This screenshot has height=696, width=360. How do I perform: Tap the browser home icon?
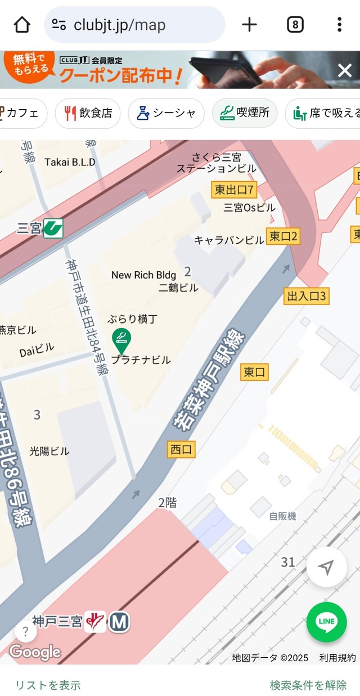(x=21, y=25)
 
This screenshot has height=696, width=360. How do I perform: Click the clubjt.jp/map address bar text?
(x=119, y=25)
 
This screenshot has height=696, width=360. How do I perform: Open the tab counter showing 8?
(x=295, y=25)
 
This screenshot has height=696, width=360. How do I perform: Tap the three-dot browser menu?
(x=339, y=25)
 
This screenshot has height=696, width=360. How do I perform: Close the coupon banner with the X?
(x=344, y=70)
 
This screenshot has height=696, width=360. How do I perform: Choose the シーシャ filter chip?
(x=166, y=113)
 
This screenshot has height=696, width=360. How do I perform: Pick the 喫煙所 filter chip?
(x=245, y=113)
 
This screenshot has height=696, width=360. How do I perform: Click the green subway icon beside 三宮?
(x=53, y=228)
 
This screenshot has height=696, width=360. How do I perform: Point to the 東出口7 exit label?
(x=235, y=190)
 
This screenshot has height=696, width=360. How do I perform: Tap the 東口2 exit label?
(x=283, y=236)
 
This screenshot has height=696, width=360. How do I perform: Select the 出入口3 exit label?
(x=307, y=296)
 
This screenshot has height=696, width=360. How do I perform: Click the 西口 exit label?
(x=181, y=450)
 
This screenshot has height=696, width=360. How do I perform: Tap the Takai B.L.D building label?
(x=70, y=162)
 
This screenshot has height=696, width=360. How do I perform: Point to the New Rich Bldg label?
(x=143, y=275)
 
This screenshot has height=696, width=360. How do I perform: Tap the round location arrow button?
(x=326, y=567)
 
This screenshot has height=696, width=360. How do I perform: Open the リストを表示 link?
(x=48, y=685)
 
